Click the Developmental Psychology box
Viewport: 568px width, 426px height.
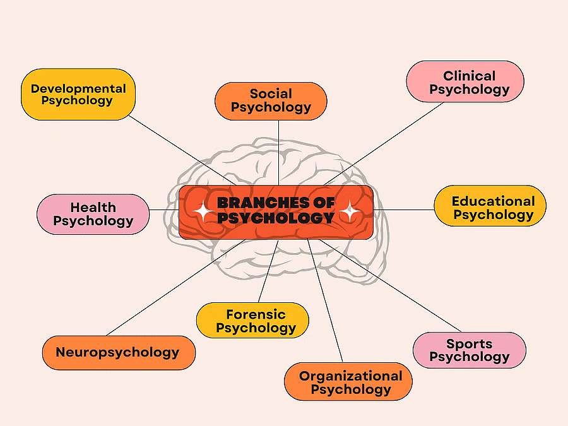(78, 94)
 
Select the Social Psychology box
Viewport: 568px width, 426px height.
(271, 101)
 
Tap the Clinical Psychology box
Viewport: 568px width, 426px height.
(465, 82)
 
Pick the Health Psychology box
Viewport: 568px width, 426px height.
(93, 214)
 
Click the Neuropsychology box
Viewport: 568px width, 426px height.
(118, 352)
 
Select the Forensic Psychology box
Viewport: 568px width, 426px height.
(252, 321)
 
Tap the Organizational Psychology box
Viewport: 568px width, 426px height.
(348, 382)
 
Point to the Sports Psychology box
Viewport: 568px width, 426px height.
(469, 350)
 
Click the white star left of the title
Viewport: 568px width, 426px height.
(203, 211)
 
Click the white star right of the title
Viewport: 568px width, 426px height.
(349, 211)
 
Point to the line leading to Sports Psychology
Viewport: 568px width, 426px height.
(391, 287)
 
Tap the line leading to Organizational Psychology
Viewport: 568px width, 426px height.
(326, 303)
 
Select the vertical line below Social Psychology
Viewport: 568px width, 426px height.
(278, 151)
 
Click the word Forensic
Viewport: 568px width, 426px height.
(256, 314)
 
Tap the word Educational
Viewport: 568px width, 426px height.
(493, 201)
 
